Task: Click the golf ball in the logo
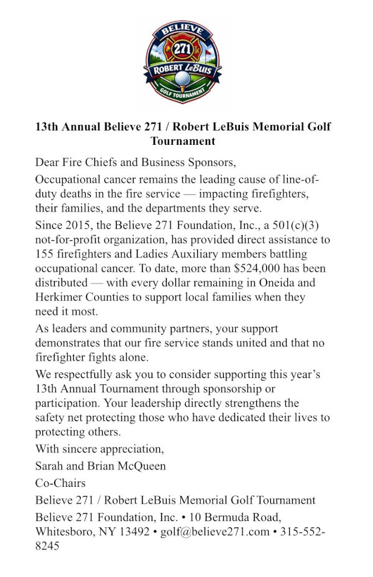click(x=183, y=78)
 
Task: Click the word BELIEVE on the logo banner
click(x=183, y=30)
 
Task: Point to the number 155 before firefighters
click(x=45, y=254)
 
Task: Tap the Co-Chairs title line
click(x=60, y=483)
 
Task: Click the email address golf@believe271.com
click(x=214, y=532)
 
